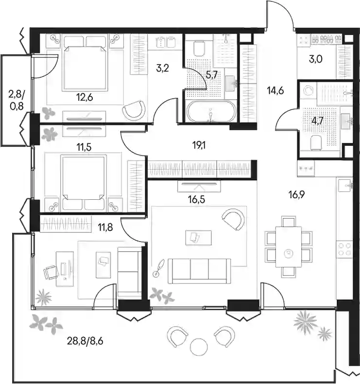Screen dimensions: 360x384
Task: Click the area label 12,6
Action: point(85,98)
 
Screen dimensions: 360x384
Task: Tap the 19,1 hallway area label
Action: point(199,145)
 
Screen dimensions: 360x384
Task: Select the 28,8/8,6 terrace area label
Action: point(85,341)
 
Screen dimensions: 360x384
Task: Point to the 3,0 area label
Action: point(315,59)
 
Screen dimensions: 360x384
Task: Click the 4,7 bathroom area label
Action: point(317,121)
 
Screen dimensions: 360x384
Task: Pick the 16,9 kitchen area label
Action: point(296,195)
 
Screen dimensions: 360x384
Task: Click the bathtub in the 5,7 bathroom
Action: point(211,111)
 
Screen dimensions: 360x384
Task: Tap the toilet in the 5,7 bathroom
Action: point(199,48)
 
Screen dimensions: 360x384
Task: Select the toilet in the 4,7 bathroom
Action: point(316,142)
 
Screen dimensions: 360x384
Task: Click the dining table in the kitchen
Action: point(289,246)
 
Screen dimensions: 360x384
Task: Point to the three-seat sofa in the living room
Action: point(199,271)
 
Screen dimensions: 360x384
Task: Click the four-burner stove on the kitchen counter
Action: point(344,249)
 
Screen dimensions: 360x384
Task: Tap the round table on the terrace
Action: point(199,347)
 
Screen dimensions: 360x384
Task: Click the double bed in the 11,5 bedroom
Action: point(84,182)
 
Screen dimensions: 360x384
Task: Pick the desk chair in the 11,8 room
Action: point(51,272)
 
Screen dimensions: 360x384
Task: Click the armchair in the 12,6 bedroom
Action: point(134,110)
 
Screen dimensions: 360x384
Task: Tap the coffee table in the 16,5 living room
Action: point(199,238)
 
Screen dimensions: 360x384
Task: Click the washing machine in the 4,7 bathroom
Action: point(308,91)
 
